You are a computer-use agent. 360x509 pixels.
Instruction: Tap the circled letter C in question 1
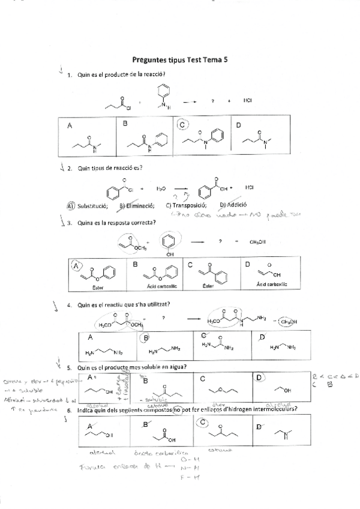click(x=184, y=125)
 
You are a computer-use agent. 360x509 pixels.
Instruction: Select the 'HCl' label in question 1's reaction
click(x=248, y=100)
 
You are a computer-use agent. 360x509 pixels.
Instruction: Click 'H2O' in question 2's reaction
click(x=161, y=188)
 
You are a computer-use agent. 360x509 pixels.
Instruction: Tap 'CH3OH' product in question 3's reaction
click(x=258, y=242)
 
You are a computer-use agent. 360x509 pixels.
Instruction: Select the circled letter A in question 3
click(x=77, y=265)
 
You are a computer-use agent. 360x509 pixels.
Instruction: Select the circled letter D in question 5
click(x=259, y=378)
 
